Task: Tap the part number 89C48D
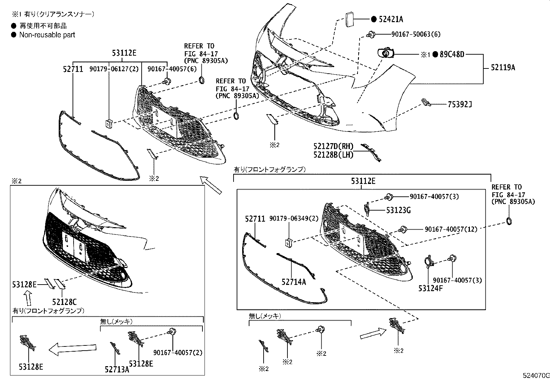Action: point(452,54)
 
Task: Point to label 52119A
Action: point(503,68)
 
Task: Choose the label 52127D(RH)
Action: point(333,147)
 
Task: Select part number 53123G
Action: point(398,210)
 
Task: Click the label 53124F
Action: point(430,288)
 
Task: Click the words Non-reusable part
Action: point(47,35)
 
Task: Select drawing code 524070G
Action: point(535,376)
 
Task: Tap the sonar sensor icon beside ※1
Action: point(385,54)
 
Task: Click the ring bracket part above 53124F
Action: point(428,262)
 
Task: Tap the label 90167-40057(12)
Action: point(451,229)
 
